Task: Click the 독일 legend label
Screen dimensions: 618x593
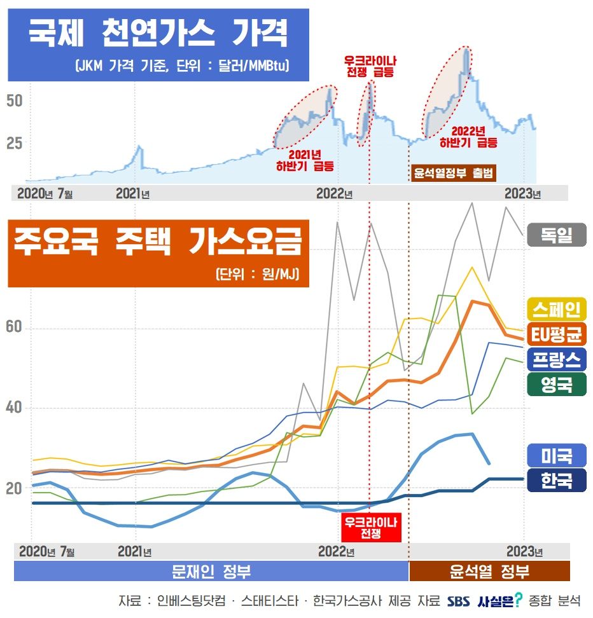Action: point(557,235)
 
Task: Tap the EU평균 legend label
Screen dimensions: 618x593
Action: point(557,334)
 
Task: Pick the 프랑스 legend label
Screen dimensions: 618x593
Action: point(557,360)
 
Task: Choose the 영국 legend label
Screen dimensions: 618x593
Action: point(557,384)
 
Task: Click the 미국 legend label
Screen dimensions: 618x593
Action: point(557,455)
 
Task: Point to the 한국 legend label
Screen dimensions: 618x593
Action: point(557,480)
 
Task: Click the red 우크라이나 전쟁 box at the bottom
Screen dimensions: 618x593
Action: point(371,528)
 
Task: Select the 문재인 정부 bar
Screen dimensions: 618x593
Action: point(211,571)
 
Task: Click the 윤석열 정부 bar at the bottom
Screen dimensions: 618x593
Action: point(489,571)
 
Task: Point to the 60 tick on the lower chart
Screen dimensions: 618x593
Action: point(14,327)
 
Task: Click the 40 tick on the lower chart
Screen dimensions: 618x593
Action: point(14,408)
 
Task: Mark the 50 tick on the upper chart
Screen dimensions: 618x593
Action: point(14,101)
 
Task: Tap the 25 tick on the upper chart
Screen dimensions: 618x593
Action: point(14,144)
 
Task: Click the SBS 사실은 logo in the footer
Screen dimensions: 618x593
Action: point(484,600)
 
